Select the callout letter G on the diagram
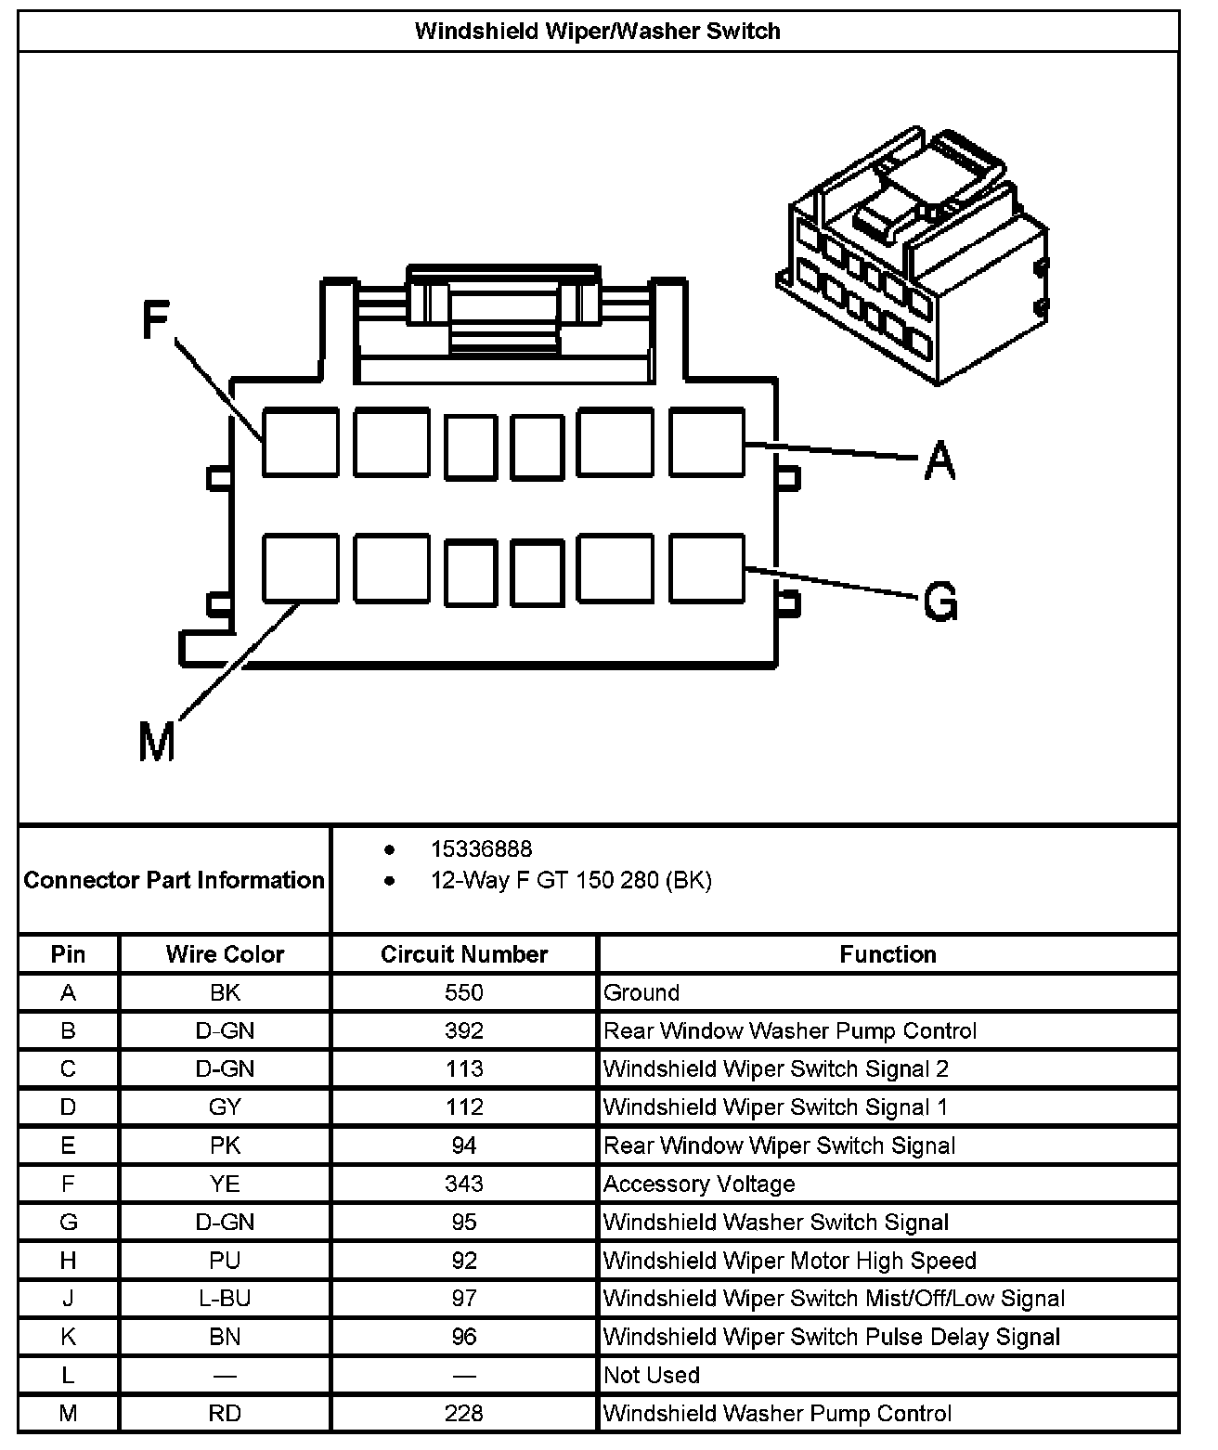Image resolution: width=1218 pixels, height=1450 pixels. click(x=940, y=602)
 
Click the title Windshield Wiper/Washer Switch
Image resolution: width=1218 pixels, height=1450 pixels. click(x=598, y=31)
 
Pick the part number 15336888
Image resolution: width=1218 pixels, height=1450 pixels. click(x=481, y=848)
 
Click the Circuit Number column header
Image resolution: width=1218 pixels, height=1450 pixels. click(x=464, y=954)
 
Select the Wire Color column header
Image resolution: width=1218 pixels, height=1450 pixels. click(x=225, y=954)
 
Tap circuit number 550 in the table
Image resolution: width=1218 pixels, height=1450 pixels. click(x=464, y=992)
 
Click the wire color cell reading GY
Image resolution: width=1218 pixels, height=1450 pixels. click(x=225, y=1107)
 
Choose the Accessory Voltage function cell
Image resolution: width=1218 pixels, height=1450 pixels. click(x=699, y=1184)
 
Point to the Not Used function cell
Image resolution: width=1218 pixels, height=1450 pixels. click(x=652, y=1375)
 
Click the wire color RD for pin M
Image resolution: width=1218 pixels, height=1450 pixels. click(x=225, y=1413)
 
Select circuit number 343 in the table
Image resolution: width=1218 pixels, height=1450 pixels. click(x=464, y=1184)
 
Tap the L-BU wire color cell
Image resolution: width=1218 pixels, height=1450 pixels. click(x=225, y=1299)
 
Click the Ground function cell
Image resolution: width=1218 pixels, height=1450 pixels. click(x=641, y=992)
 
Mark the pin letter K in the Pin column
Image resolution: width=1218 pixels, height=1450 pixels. click(x=68, y=1337)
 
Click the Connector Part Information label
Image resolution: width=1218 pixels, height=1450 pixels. click(x=175, y=879)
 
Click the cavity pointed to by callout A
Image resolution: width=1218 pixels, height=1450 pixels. click(x=706, y=442)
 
